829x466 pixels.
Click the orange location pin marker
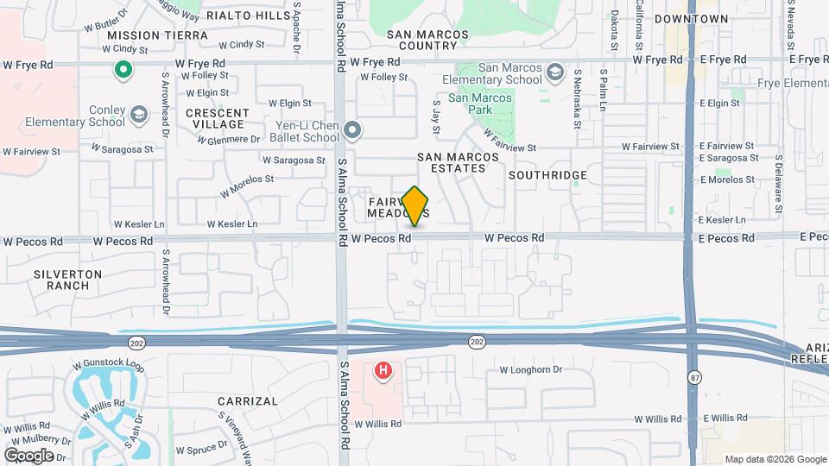(x=415, y=205)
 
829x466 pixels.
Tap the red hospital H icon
(x=383, y=372)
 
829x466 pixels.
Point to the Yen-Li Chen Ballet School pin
(x=351, y=130)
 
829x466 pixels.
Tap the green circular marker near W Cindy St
(x=123, y=70)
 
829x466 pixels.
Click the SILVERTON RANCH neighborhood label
(x=68, y=280)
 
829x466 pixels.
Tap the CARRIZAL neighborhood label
(x=248, y=401)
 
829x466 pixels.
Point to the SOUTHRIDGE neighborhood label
(x=547, y=175)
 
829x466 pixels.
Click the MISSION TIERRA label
(x=158, y=35)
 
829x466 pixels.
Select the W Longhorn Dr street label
(x=531, y=370)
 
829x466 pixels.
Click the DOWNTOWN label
(x=691, y=19)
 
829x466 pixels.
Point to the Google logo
(x=29, y=455)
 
